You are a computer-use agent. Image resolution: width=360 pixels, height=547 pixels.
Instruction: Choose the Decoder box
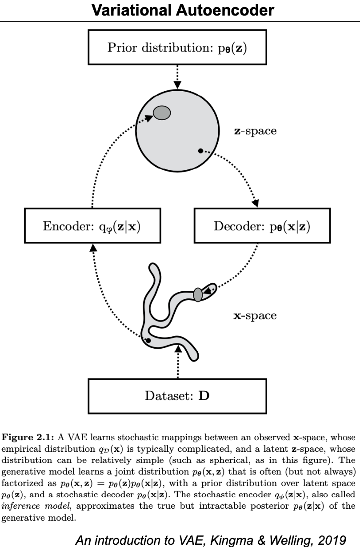point(262,227)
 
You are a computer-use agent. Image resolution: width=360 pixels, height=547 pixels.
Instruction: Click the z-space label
point(255,132)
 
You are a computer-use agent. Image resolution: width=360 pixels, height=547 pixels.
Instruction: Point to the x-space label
point(255,316)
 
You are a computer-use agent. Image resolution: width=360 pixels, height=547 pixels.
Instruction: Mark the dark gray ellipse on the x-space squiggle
point(198,294)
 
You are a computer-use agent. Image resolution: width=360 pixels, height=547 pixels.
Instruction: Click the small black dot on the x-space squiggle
point(148,341)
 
